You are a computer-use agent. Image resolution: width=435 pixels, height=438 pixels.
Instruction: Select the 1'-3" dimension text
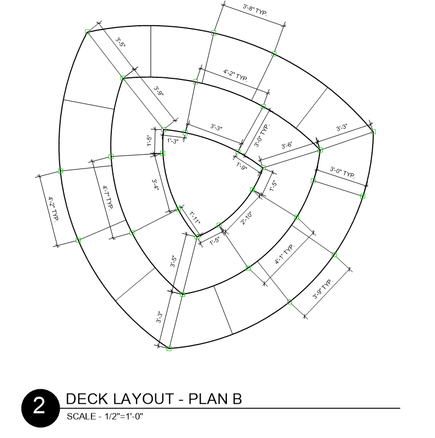pos(173,141)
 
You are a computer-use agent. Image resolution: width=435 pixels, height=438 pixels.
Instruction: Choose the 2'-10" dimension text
pos(247,219)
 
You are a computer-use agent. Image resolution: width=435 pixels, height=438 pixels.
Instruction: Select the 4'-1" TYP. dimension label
pos(285,255)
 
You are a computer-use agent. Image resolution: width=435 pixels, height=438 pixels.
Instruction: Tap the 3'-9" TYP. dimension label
pos(323,289)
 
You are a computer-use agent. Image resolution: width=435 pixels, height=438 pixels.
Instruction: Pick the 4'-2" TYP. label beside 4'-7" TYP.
pos(53,209)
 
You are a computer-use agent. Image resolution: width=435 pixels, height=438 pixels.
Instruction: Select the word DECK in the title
pos(83,399)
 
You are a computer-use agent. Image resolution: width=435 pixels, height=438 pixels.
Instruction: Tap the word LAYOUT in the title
pos(138,399)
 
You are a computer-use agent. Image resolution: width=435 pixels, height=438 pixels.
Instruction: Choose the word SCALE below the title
pos(79,416)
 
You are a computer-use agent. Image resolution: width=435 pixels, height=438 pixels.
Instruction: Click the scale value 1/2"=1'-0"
pos(121,416)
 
